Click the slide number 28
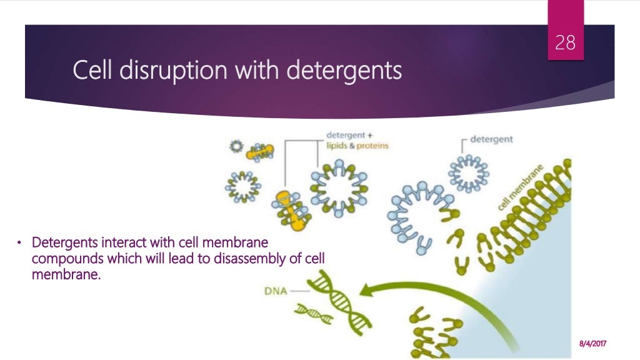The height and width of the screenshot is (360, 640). [566, 43]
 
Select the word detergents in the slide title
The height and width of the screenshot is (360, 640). [344, 71]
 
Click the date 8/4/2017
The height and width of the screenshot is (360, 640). [594, 344]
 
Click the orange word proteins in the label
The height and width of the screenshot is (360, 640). [372, 146]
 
